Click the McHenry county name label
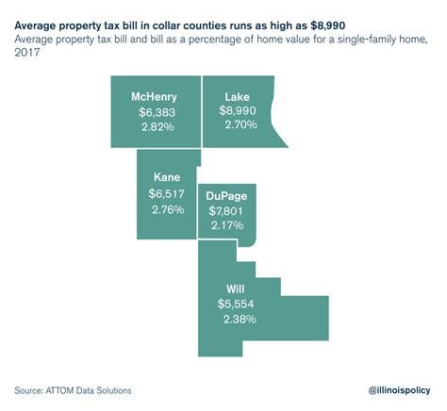pyautogui.click(x=153, y=97)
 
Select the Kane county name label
pyautogui.click(x=167, y=177)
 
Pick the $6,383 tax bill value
pyautogui.click(x=153, y=111)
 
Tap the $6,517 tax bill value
pyautogui.click(x=167, y=192)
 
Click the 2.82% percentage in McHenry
pyautogui.click(x=153, y=126)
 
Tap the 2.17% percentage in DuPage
pyautogui.click(x=226, y=225)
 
